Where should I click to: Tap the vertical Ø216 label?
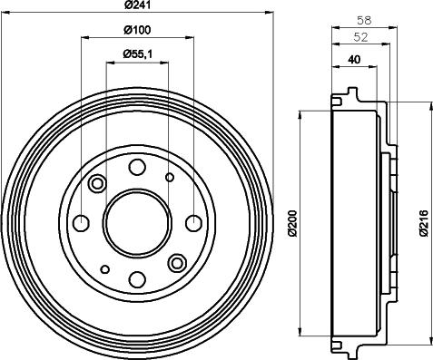[424, 223]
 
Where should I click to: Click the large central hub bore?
[137, 222]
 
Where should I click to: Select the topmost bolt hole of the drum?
[137, 166]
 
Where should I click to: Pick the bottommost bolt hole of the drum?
[137, 279]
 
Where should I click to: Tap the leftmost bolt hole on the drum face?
[81, 222]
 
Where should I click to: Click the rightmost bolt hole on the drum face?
[193, 222]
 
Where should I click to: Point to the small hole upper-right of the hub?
[170, 176]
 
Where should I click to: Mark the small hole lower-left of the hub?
[105, 268]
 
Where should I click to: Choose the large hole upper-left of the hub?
[97, 185]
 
